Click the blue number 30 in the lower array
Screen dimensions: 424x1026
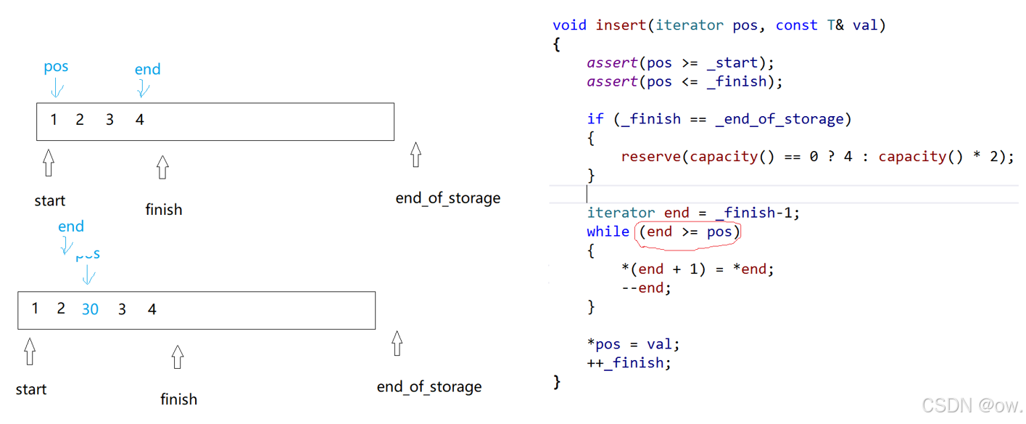(x=90, y=309)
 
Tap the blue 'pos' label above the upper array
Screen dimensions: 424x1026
(x=56, y=67)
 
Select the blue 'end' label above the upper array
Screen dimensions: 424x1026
(x=147, y=70)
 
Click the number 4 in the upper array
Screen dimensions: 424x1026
(x=140, y=120)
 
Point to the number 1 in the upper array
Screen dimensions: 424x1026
(x=54, y=119)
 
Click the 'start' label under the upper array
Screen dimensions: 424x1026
(x=49, y=201)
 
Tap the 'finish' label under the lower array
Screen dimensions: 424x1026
(x=178, y=399)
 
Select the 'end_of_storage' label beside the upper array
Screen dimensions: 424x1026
(x=447, y=198)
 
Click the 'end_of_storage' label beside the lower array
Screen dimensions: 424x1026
(x=429, y=387)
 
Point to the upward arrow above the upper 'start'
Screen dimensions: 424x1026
(x=49, y=163)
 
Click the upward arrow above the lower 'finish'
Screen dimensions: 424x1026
(x=178, y=356)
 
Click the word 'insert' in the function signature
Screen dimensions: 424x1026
(x=621, y=25)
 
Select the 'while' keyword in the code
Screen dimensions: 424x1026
(x=608, y=232)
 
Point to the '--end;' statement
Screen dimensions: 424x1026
(x=646, y=288)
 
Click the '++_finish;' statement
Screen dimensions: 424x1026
(x=629, y=363)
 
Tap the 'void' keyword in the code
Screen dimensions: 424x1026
(x=569, y=25)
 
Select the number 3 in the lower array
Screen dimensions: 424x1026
(x=122, y=309)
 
